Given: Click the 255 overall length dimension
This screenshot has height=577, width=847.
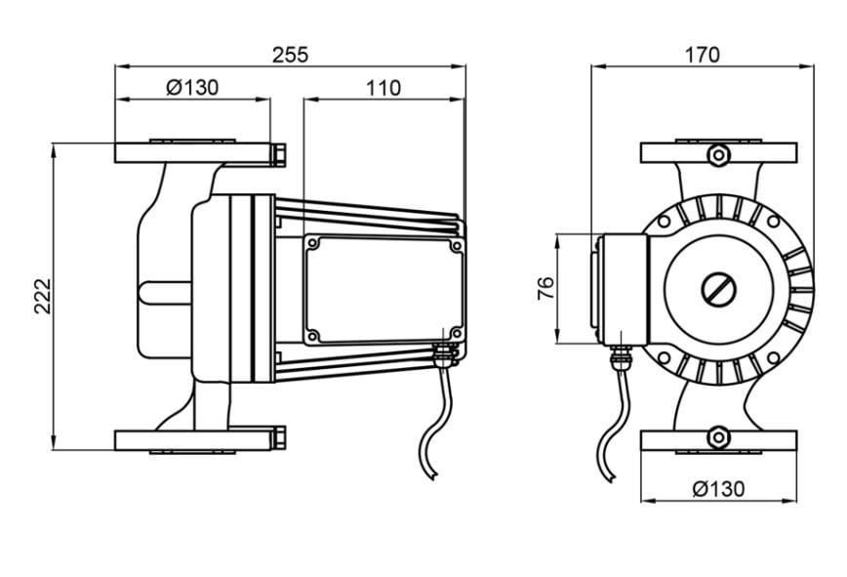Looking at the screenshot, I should click(x=290, y=54).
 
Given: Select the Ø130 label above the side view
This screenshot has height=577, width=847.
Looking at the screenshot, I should click(x=192, y=88).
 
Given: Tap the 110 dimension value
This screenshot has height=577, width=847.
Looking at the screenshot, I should click(x=383, y=88).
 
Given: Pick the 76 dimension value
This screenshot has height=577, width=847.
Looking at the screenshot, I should click(x=546, y=288).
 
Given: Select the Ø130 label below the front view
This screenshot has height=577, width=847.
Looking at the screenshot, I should click(x=718, y=488).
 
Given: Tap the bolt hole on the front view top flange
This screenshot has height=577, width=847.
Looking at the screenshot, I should click(x=718, y=153).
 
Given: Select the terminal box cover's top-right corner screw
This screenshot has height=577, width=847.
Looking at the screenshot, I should click(x=454, y=245).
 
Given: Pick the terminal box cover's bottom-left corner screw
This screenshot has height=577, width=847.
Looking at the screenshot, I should click(x=312, y=337).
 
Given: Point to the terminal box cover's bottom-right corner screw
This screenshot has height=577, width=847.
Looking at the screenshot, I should click(x=454, y=332).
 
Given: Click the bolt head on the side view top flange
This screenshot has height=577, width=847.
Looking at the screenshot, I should click(x=278, y=153).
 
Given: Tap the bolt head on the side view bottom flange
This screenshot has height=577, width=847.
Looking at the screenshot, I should click(x=278, y=439).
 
